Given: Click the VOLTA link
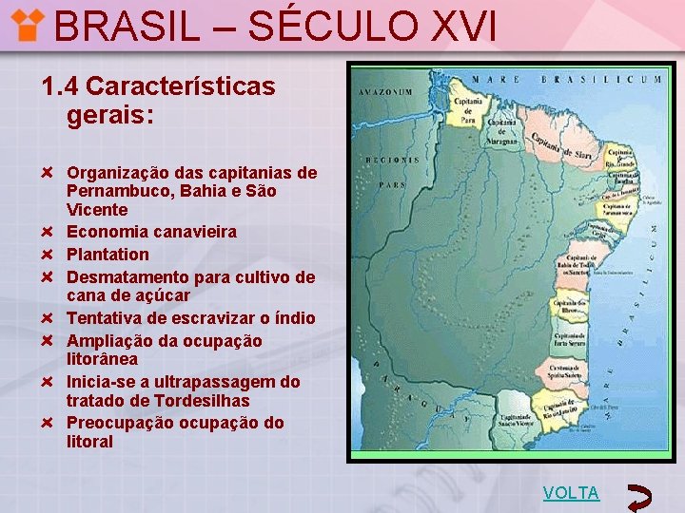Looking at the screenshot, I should [571, 493].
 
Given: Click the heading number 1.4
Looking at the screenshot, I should [59, 86].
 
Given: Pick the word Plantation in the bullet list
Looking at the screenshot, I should [108, 255].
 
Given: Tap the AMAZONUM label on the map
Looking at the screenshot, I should [385, 92].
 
